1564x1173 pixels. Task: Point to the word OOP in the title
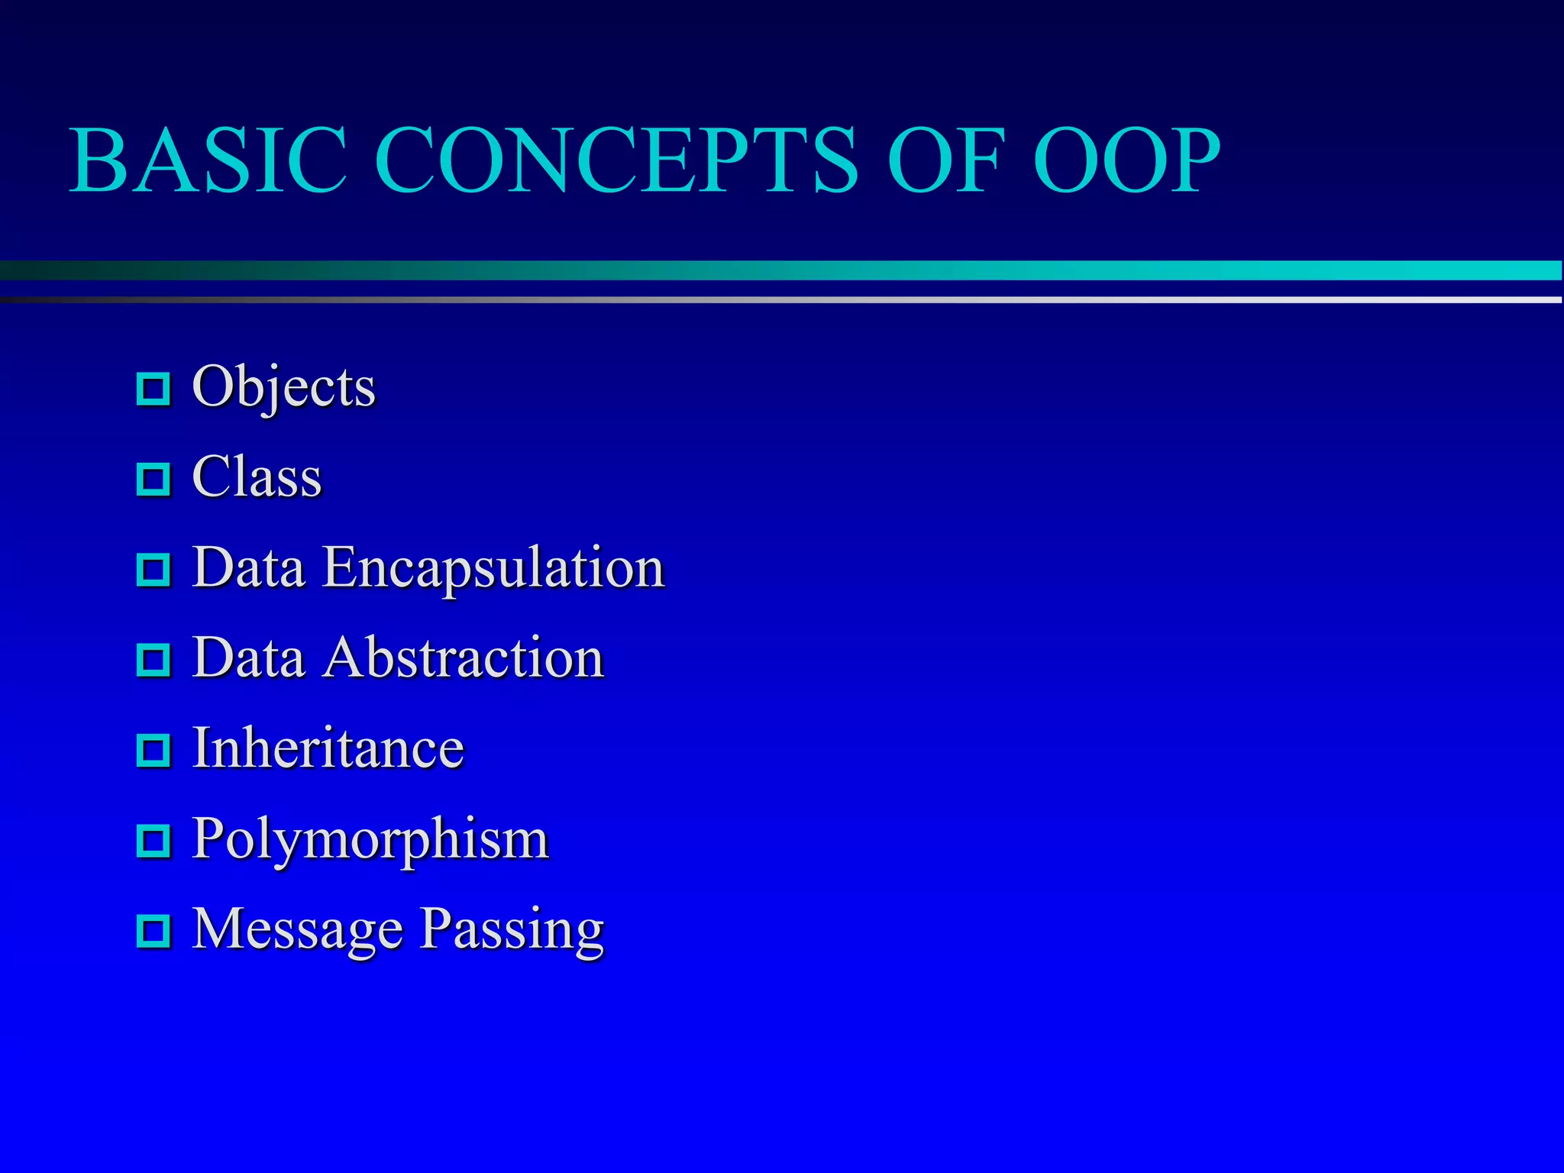point(1126,161)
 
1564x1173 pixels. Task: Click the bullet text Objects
point(283,387)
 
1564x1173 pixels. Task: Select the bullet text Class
point(257,477)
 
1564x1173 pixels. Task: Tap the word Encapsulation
point(493,568)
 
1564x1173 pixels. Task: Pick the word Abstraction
point(463,658)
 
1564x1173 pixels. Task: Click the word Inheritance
point(328,748)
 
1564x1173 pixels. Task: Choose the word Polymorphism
point(370,839)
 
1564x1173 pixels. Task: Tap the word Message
point(297,929)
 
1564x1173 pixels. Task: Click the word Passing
point(512,929)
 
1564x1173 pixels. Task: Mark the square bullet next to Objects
point(153,389)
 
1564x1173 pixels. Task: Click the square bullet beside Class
point(153,479)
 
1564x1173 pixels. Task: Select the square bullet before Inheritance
point(153,750)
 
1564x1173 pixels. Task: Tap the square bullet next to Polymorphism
point(153,841)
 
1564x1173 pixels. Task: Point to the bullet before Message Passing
point(153,931)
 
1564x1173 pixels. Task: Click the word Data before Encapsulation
point(248,568)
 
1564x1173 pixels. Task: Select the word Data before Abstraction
point(248,658)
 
